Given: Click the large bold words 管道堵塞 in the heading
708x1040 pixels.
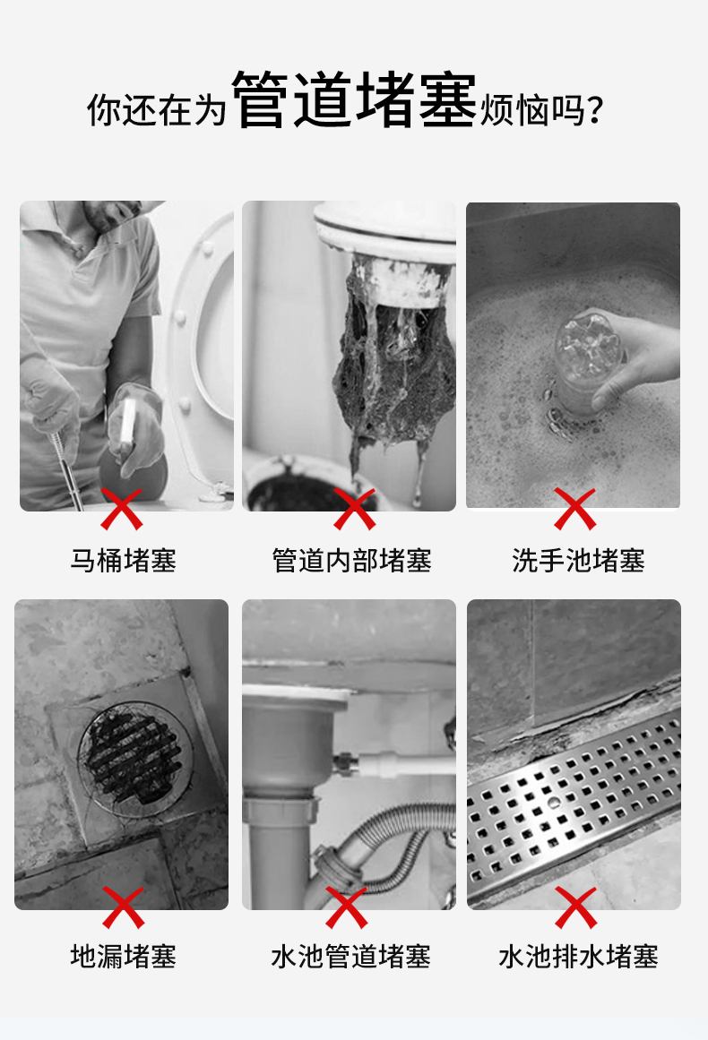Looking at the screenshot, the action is pos(354,99).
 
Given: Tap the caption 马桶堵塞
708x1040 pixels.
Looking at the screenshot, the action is pos(124,561).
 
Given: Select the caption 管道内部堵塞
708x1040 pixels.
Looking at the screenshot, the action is pos(351,561).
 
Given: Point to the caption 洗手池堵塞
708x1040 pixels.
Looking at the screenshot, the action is pos(578,561).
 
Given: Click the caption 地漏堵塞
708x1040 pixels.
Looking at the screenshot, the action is pos(124,957).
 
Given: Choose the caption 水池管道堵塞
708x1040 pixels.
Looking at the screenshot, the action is pos(351,957).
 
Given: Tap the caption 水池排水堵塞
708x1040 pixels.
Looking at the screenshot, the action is pos(578,957).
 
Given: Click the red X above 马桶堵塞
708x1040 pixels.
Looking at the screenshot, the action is pos(121,509).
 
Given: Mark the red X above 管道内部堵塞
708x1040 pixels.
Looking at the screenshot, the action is pos(354,509).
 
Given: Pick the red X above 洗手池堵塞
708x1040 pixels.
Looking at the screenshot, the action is pos(574,509).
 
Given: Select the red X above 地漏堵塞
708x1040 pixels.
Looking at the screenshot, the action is pos(124,907).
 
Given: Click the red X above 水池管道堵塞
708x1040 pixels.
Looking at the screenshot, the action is pos(346,907).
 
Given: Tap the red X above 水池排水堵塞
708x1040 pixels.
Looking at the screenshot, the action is pos(576,907).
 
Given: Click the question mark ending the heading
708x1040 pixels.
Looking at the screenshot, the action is pos(595,110).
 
